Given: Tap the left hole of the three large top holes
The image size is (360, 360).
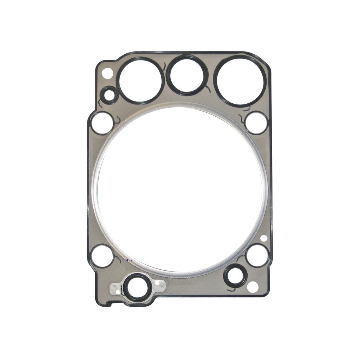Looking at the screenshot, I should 140,80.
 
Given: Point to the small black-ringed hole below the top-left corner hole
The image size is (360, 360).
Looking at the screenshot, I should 109,96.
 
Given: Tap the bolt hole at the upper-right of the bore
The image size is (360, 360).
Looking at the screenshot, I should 256,123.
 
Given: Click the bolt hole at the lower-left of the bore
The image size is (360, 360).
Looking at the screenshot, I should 102,256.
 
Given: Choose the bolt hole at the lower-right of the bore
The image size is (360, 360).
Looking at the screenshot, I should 257,255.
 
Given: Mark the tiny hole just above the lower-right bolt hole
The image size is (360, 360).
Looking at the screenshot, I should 264,238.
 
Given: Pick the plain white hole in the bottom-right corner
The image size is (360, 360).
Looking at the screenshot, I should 253,287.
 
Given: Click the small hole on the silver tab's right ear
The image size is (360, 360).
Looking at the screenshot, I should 157,283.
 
